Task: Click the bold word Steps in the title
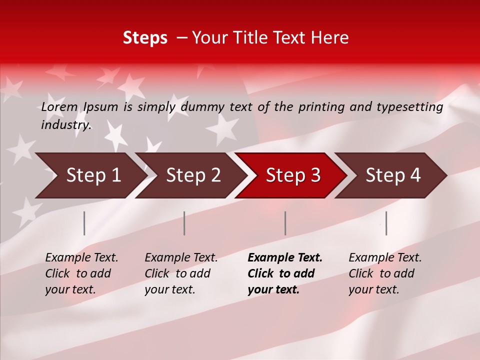(145, 38)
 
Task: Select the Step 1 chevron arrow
(90, 175)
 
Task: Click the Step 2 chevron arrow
(190, 175)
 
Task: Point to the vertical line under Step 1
(84, 223)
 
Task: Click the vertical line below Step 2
(184, 223)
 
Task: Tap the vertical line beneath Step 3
(285, 223)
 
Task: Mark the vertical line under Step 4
(386, 223)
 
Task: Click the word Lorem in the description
(59, 107)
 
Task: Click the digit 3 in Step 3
(315, 175)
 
